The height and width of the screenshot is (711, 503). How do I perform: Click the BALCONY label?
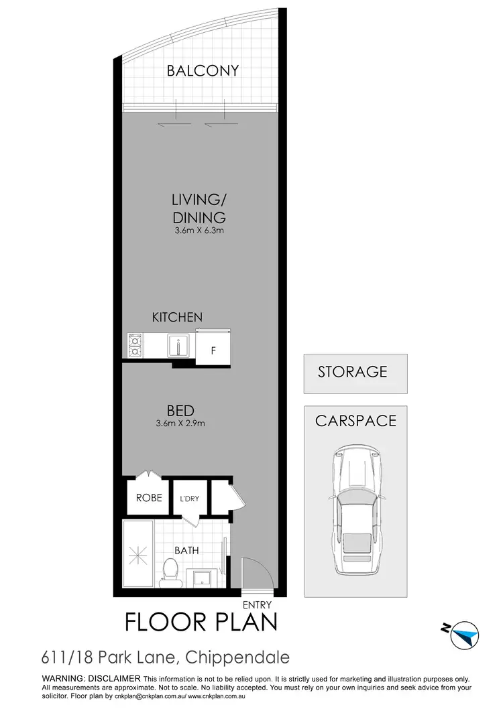(x=203, y=70)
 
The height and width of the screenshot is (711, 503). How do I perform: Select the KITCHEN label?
(x=177, y=317)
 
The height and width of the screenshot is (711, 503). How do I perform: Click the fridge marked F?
(x=213, y=348)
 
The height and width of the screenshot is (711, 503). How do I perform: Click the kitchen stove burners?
(x=134, y=346)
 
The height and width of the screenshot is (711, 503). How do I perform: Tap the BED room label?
(x=181, y=409)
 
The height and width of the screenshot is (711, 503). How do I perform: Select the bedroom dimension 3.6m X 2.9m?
(x=180, y=423)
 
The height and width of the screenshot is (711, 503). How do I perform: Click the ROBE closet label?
(x=148, y=498)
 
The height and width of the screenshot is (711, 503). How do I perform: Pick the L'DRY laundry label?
(x=188, y=499)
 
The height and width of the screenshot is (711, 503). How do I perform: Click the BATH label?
(x=186, y=550)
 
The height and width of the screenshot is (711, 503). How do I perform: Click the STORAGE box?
(x=352, y=371)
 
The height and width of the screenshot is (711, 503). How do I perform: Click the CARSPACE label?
(x=355, y=421)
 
